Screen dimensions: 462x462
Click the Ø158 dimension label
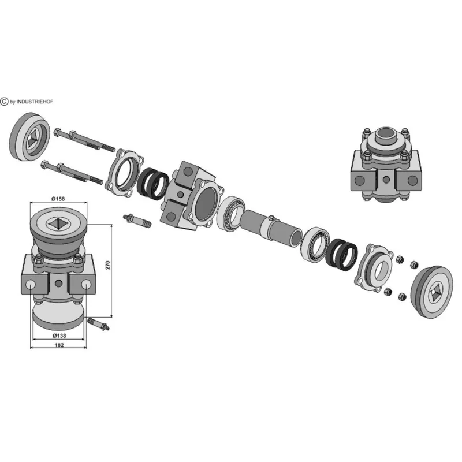click(58, 199)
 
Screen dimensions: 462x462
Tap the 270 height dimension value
click(108, 265)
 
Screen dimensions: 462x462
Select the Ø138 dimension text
click(59, 336)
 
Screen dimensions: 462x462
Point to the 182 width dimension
click(59, 345)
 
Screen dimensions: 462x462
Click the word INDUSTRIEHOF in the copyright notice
click(35, 102)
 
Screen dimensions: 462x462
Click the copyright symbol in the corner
click(4, 102)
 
